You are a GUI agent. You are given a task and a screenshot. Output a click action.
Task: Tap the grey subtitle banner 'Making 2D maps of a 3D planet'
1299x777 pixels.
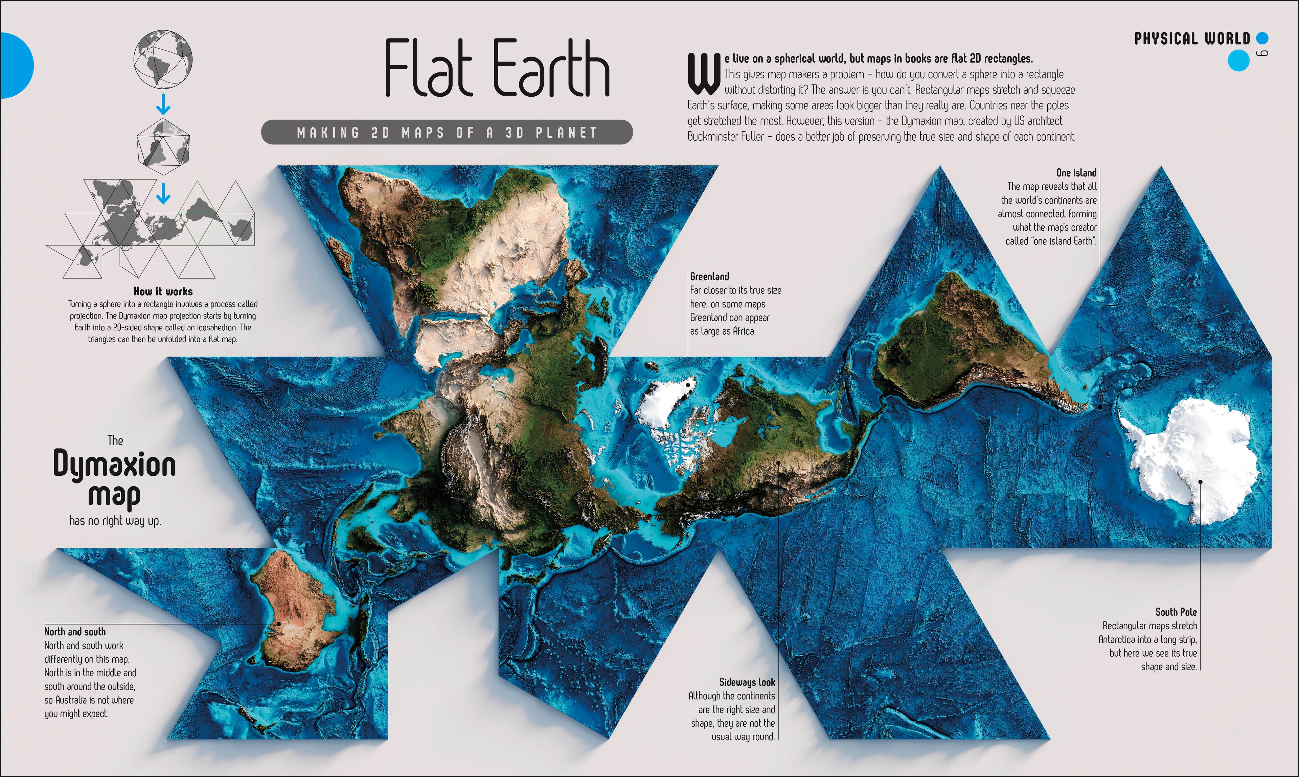pos(447,133)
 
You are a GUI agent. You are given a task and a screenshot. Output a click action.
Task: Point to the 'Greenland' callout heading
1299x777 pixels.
pos(709,277)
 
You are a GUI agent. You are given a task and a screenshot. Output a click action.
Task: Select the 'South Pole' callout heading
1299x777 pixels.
pos(1176,612)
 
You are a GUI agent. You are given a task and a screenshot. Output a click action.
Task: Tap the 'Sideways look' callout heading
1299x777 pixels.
pos(746,682)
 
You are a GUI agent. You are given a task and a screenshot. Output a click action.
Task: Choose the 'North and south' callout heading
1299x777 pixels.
pos(75,632)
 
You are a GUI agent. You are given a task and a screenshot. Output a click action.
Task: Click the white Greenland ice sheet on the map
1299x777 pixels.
pos(663,403)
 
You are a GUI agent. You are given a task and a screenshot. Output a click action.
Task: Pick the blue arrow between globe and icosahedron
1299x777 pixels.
pos(163,104)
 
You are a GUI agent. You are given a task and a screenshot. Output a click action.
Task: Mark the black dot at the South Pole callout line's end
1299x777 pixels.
pos(1200,482)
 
